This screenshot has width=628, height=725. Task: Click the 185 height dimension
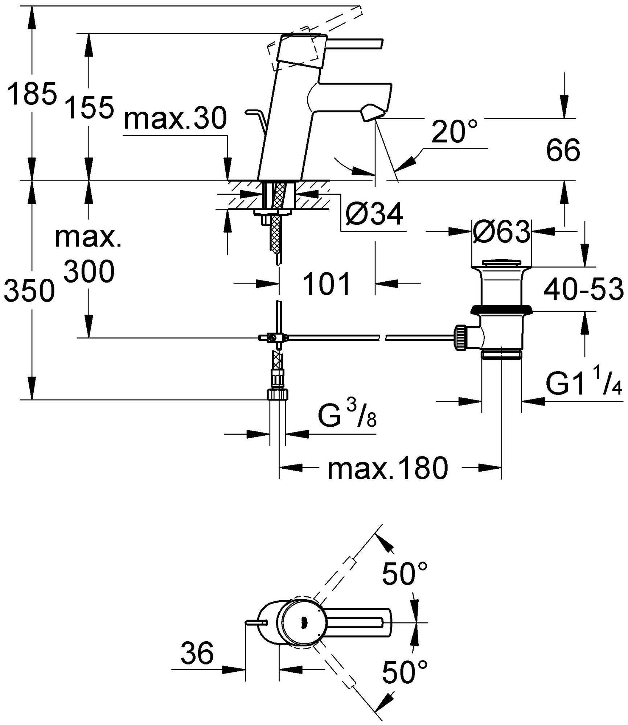pyautogui.click(x=32, y=93)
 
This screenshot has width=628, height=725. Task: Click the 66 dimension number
pyautogui.click(x=563, y=150)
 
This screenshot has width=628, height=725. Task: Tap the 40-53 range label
pyautogui.click(x=583, y=289)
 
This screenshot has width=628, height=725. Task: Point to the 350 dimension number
pyautogui.click(x=29, y=291)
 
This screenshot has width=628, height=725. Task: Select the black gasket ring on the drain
pyautogui.click(x=501, y=309)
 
